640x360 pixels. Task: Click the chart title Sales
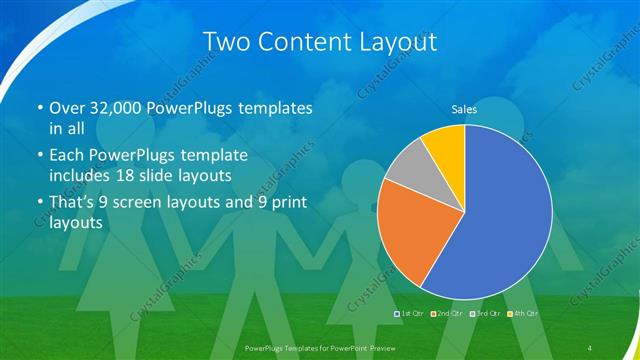pos(464,108)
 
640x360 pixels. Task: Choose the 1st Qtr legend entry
pos(411,314)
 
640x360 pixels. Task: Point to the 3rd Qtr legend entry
pos(483,314)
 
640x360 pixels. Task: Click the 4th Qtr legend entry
pos(522,314)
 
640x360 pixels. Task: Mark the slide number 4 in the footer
pos(591,347)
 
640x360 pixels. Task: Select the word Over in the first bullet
pos(67,108)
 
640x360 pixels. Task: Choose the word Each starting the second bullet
pos(67,156)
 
